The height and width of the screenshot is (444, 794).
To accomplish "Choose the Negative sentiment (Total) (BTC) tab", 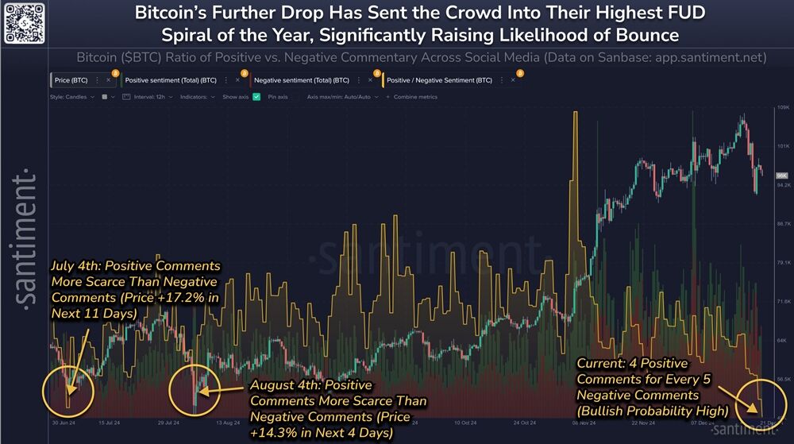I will click(303, 80).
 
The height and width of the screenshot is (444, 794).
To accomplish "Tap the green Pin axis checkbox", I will click(256, 97).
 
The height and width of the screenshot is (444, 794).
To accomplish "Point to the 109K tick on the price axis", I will click(781, 108).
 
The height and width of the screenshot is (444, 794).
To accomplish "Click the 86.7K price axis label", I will click(781, 225).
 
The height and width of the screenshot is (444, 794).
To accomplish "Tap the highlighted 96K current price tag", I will click(781, 175).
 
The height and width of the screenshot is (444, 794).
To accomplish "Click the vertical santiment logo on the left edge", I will click(25, 238).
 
